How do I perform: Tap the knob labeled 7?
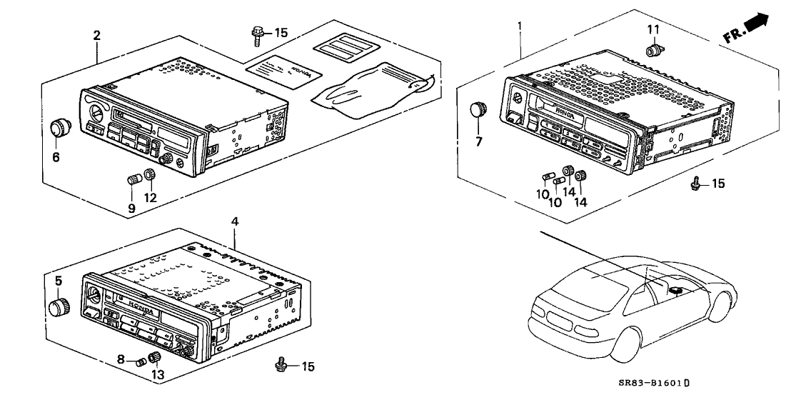coord(478,110)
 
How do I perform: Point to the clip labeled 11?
coord(653,50)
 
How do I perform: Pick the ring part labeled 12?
coord(149,176)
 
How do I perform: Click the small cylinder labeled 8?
coord(140,361)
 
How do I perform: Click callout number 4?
coord(234,222)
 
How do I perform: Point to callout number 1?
coord(520,26)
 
